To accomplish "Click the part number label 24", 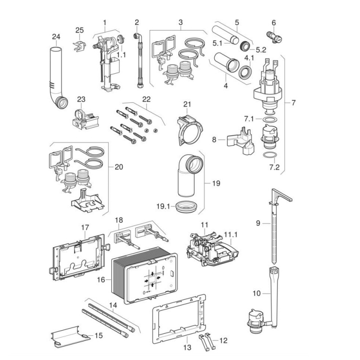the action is (x=56, y=37).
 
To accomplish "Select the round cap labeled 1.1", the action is (x=121, y=40).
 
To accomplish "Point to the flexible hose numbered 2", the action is (x=138, y=60).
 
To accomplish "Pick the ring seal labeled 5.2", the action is (x=245, y=46).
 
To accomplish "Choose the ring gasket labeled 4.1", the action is (x=245, y=72).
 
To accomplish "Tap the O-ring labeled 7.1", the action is (x=269, y=120).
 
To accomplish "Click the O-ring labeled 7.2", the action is (x=269, y=155).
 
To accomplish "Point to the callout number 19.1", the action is (x=163, y=206).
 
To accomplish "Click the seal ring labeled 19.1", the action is (x=186, y=207).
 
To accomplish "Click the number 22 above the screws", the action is (x=146, y=99).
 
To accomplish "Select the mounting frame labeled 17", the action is (x=78, y=257).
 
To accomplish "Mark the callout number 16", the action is (x=101, y=280).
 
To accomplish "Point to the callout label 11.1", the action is (x=231, y=235).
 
